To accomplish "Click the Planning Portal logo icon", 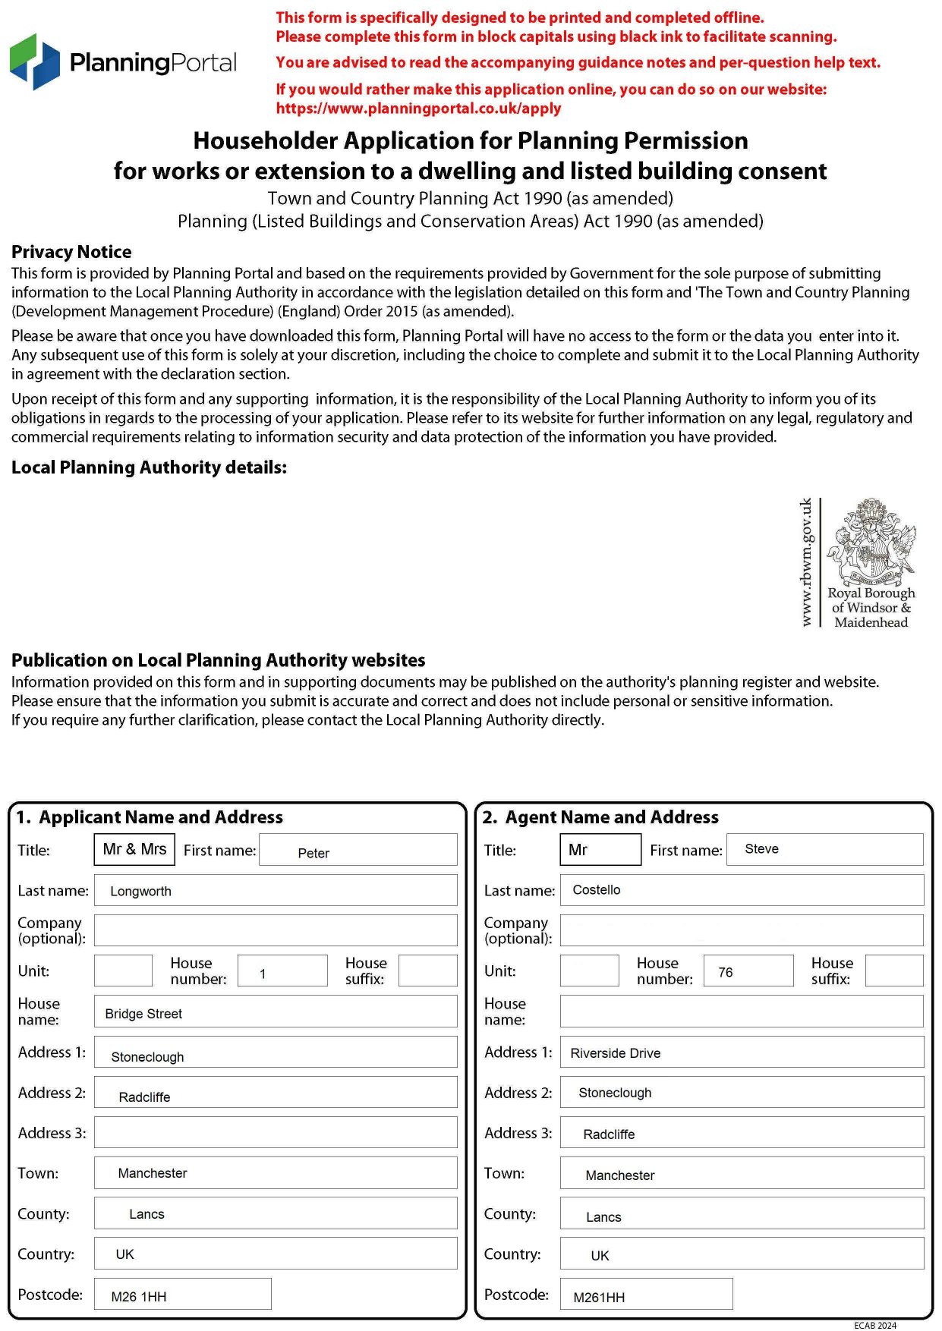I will (35, 61).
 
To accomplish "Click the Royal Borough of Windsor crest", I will (871, 541).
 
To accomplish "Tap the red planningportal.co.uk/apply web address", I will (418, 109).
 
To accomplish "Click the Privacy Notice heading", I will (71, 252).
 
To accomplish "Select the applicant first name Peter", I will (313, 853).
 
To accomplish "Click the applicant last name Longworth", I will (140, 891).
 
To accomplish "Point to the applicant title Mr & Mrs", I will (134, 849).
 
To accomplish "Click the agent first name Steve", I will (761, 849).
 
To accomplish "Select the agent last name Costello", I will (596, 889).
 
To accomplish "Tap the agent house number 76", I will (726, 972).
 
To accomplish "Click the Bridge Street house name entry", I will (143, 1014).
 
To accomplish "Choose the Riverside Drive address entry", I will (615, 1053).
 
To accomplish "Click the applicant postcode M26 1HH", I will (138, 1297).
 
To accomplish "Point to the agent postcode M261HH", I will (599, 1298).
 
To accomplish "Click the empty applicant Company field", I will (276, 930).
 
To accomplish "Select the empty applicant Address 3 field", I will (276, 1132).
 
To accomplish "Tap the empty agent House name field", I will (742, 1012).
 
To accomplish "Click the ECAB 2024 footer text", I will (874, 1326).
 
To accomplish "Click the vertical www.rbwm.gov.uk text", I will (806, 562).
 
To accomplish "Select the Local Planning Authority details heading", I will (149, 467).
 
